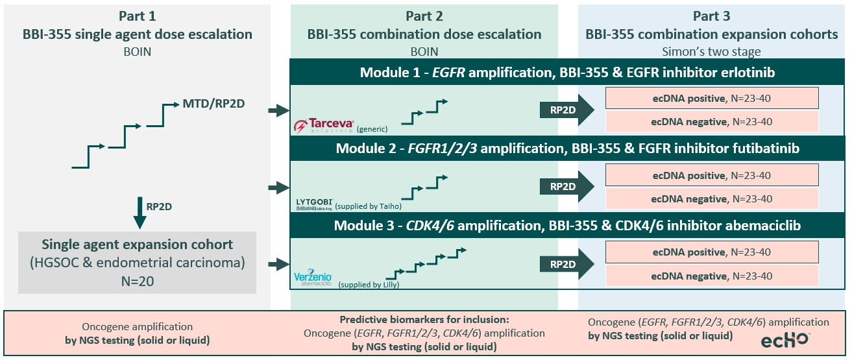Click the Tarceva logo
pos(324,125)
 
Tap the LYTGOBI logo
pos(315,204)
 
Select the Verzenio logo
pos(313,278)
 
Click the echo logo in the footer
pos(785,340)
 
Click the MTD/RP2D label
pos(213,103)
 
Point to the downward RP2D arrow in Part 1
pos(140,213)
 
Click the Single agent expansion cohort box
pos(137,263)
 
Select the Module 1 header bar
pos(567,72)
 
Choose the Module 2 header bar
pos(567,149)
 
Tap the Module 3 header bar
pos(567,226)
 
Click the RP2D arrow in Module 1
pos(566,110)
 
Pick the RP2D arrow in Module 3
pos(566,264)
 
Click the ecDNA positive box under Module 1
pos(712,98)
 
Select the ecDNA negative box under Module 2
pos(712,198)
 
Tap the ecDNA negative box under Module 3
pos(712,276)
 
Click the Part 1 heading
pos(137,16)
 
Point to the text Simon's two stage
pos(711,51)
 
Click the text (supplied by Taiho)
pos(368,206)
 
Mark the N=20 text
pos(138,281)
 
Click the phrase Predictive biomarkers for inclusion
pos(424,320)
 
